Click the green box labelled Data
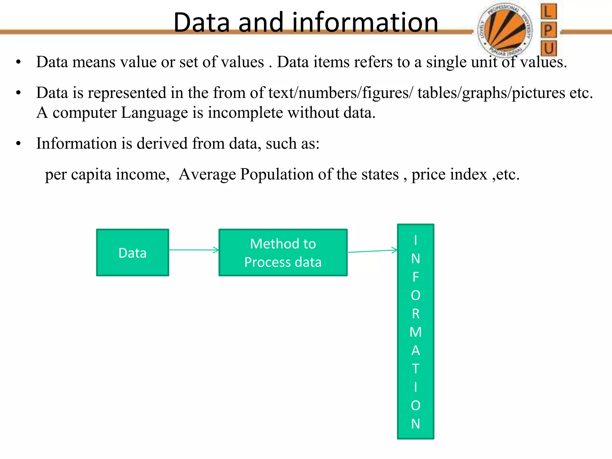point(132,253)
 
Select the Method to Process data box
point(283,253)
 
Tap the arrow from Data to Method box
point(194,250)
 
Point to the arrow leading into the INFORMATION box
point(372,251)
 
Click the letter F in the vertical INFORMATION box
point(415,277)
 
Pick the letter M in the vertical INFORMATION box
point(415,332)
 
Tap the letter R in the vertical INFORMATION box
point(415,314)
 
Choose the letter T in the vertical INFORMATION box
point(415,369)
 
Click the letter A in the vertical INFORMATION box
point(415,351)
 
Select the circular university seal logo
point(505,30)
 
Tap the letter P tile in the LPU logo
point(548,30)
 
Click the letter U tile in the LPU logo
point(549,48)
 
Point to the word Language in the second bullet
point(154,113)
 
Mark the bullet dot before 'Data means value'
point(19,62)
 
